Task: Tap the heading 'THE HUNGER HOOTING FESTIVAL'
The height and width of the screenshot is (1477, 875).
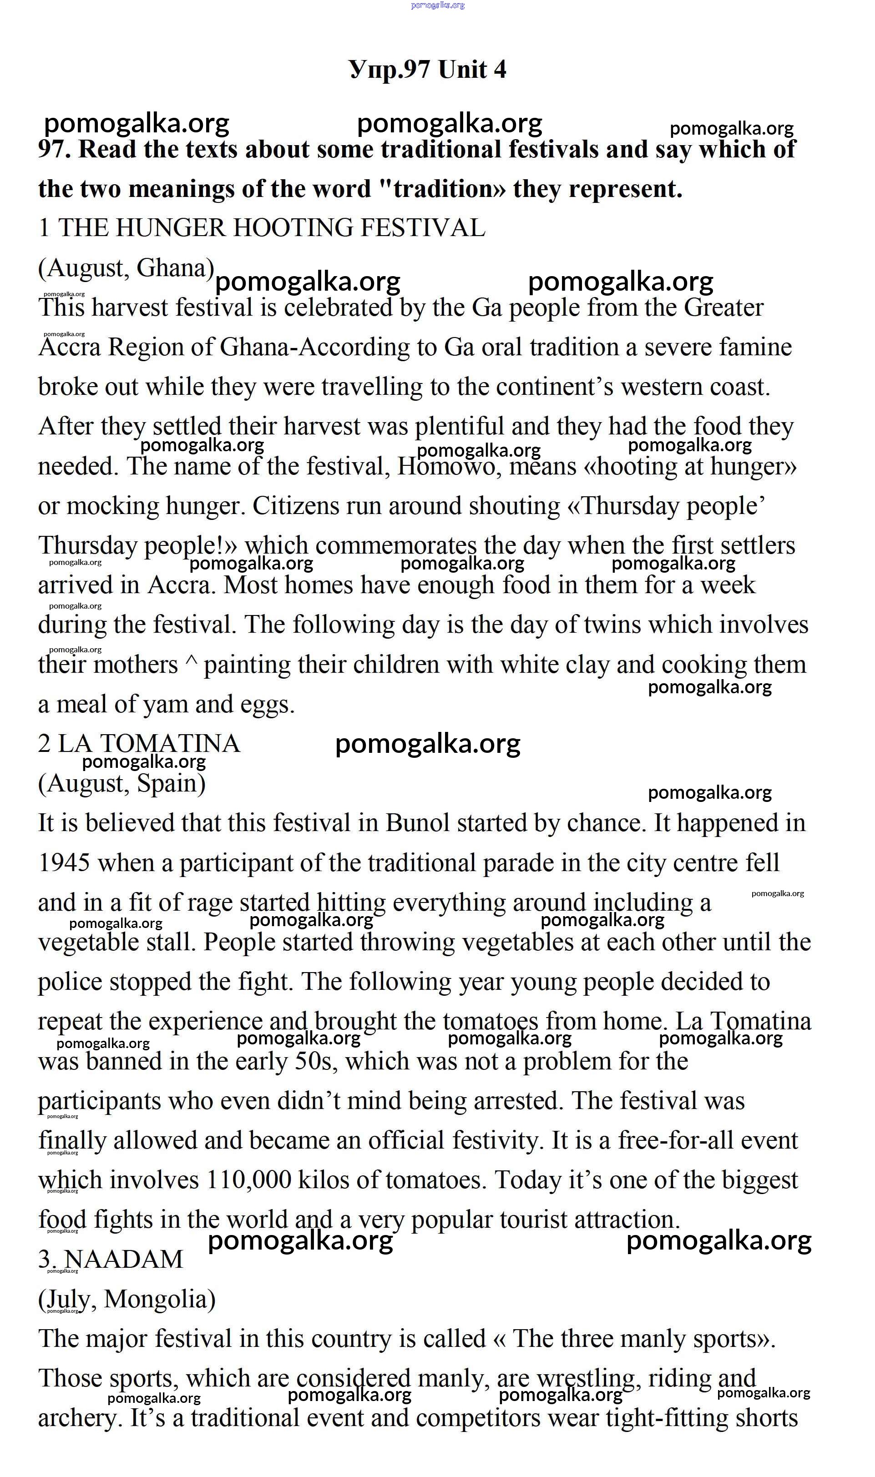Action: (271, 228)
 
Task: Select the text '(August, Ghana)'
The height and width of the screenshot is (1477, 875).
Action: (126, 268)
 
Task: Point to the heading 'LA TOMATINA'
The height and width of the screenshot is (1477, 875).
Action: (149, 744)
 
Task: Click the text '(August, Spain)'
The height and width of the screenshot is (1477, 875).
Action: (122, 784)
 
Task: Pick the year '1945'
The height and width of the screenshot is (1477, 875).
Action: (64, 863)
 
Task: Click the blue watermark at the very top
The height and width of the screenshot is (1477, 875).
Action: (438, 5)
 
